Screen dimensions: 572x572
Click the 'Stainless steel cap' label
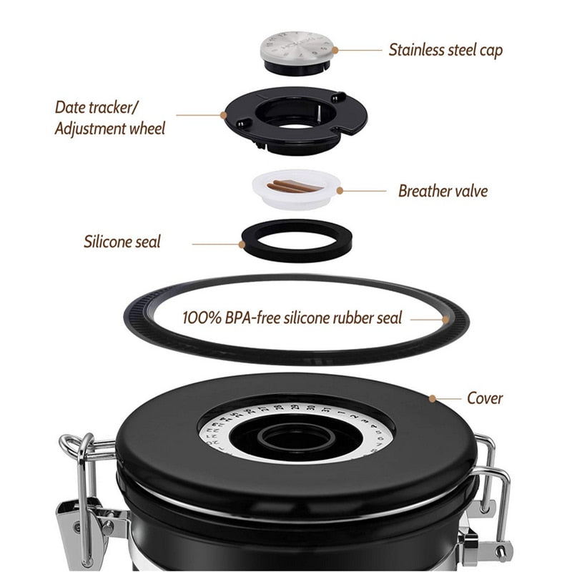[445, 49]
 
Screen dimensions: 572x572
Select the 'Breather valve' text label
[443, 191]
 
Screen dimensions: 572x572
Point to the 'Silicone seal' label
[122, 240]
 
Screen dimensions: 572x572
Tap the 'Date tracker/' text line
[99, 107]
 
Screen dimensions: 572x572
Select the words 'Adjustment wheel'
[109, 129]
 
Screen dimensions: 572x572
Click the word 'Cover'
[485, 398]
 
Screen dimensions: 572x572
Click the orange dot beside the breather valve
[340, 190]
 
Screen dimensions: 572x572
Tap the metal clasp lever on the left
[71, 515]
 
